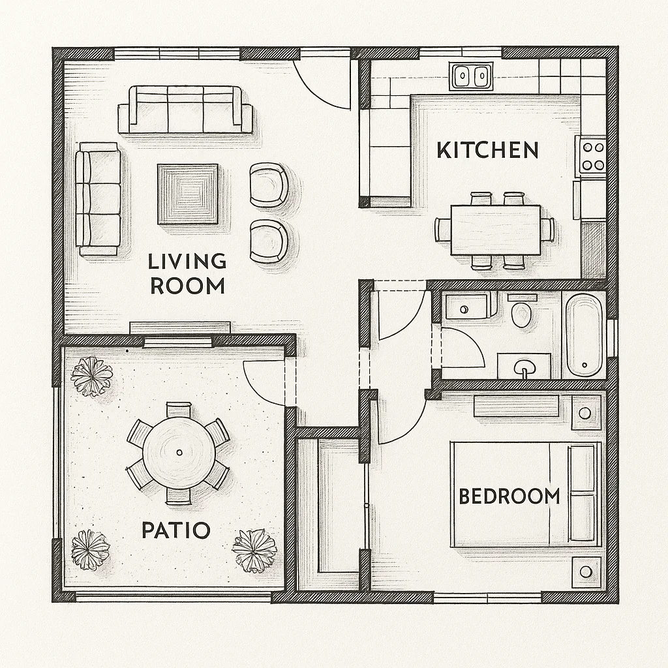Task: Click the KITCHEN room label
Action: pos(488,151)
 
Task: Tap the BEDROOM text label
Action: pos(509,496)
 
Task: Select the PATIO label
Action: pos(175,530)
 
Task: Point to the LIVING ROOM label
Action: pos(187,273)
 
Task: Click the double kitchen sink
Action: pos(471,76)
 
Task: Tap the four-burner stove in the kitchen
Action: pos(593,156)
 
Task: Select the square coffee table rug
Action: pos(187,194)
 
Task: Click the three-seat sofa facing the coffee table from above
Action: pos(186,110)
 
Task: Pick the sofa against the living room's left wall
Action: pos(98,198)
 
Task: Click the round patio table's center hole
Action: pos(179,453)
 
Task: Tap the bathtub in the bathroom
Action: pos(584,335)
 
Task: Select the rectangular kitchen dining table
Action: pos(496,230)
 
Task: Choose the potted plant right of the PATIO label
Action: pos(254,551)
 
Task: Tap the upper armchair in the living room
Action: pos(268,185)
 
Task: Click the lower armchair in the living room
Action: pos(268,241)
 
